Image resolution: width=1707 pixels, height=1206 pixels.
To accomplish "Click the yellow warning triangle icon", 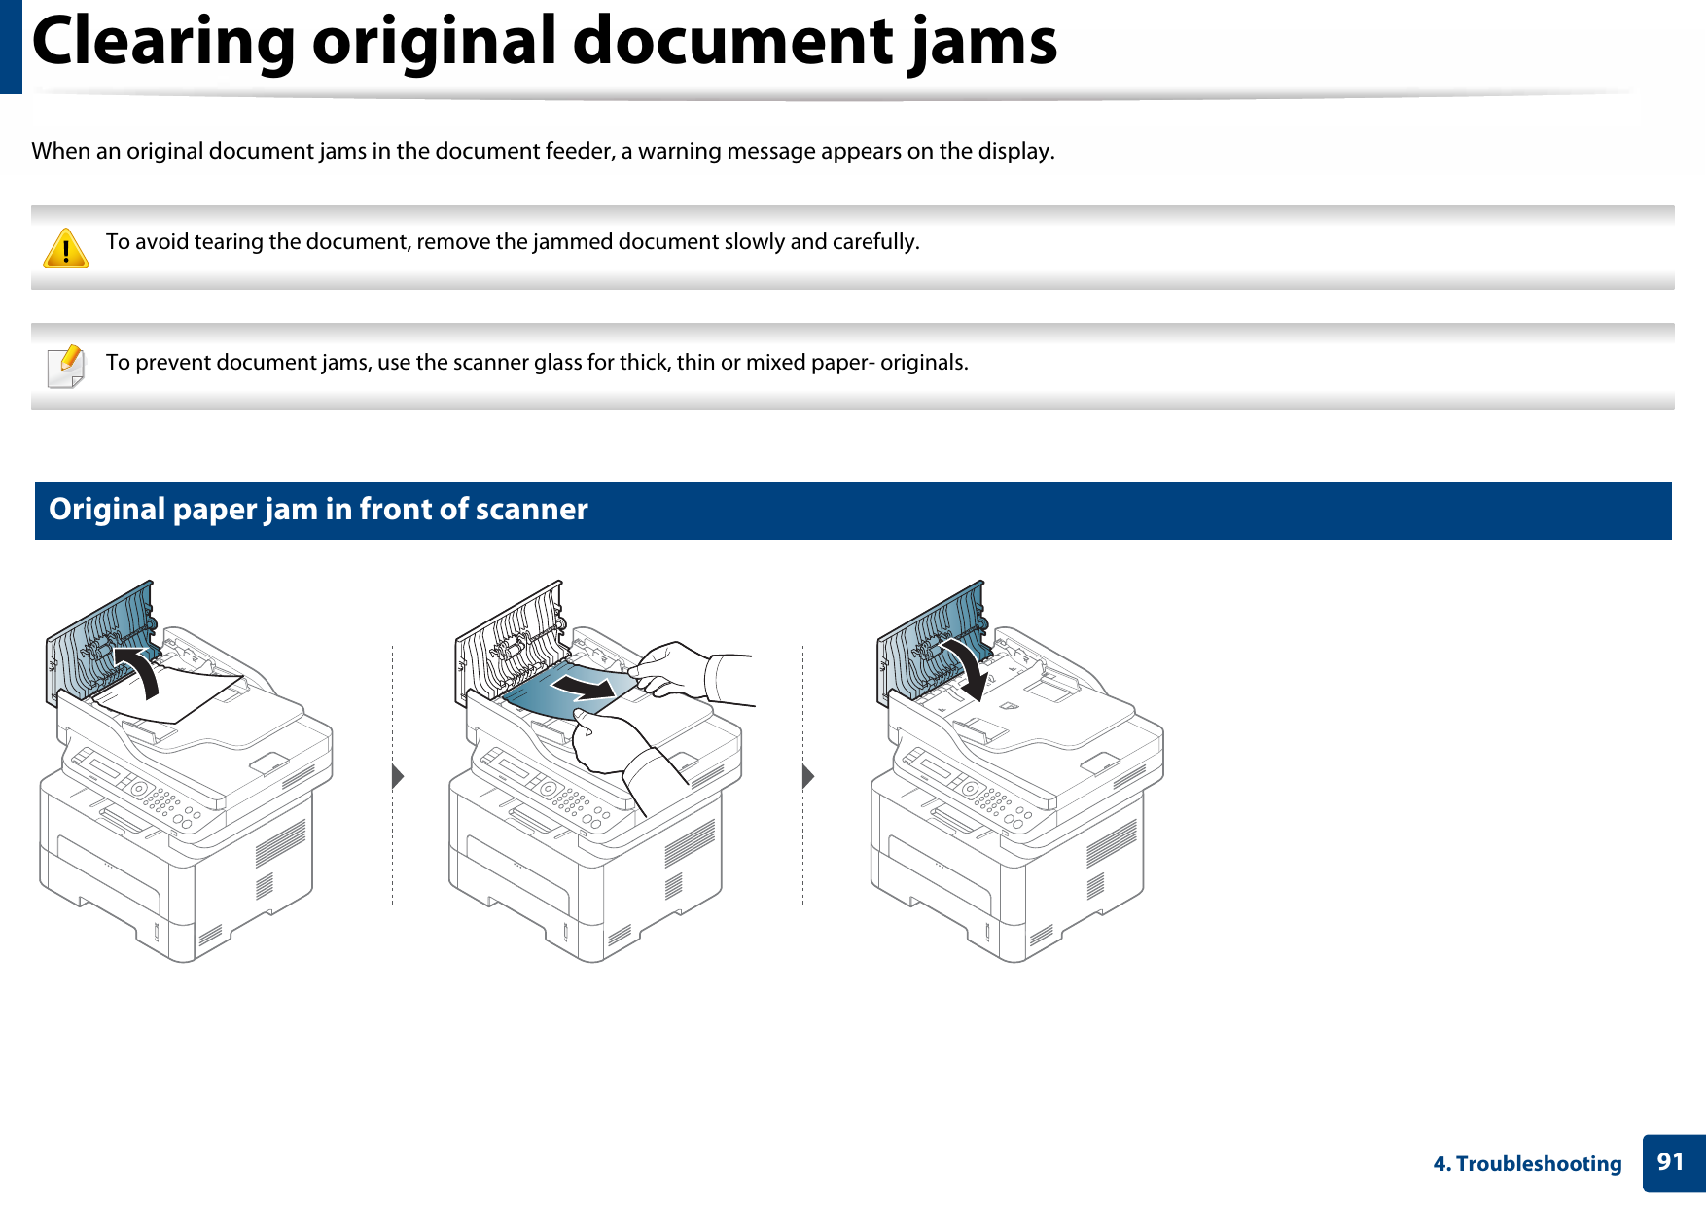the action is click(x=66, y=248).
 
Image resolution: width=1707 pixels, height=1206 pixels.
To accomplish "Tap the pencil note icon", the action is click(x=66, y=367).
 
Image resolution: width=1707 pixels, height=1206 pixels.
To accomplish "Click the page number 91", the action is click(x=1670, y=1162).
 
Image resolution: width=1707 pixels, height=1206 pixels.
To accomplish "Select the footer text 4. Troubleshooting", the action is click(x=1527, y=1164).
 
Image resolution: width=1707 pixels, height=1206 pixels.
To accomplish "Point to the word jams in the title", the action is click(x=982, y=42).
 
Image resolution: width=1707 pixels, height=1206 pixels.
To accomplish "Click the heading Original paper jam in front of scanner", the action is click(x=318, y=510).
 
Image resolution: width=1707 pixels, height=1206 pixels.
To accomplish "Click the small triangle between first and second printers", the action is click(x=397, y=776).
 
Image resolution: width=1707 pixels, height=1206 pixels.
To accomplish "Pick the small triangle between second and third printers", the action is click(x=807, y=776).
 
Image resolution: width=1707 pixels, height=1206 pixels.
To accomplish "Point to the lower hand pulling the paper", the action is click(x=613, y=744).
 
